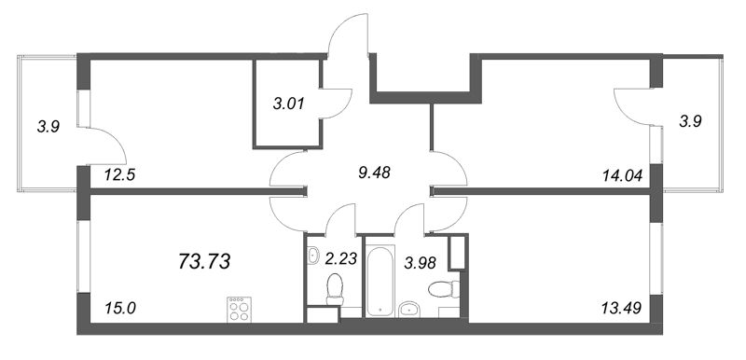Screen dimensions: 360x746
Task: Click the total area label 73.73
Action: (203, 262)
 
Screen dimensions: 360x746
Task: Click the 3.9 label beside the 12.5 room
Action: (48, 128)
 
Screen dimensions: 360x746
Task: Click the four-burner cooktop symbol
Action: (238, 309)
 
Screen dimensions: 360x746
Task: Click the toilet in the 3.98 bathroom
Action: (444, 291)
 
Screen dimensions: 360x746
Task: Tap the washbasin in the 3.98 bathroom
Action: (410, 309)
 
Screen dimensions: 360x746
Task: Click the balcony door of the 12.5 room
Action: (101, 147)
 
